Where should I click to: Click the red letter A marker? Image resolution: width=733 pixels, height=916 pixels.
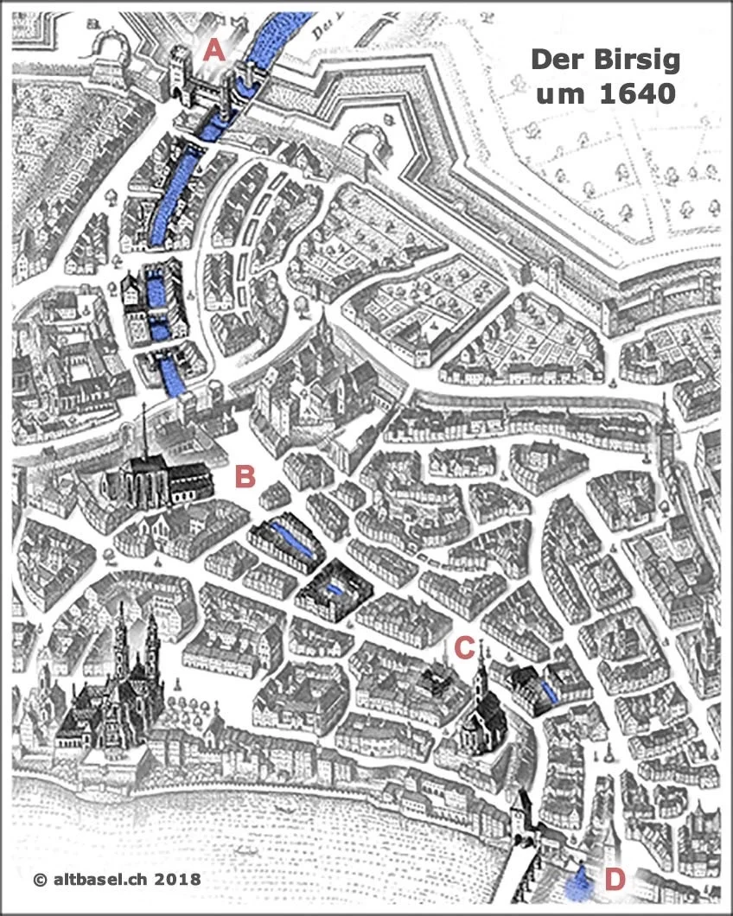(x=214, y=50)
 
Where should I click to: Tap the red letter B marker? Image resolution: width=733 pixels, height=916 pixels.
(x=246, y=474)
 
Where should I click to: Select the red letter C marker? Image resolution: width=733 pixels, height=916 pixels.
(x=463, y=646)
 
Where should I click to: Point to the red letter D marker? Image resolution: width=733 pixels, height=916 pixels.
(x=615, y=880)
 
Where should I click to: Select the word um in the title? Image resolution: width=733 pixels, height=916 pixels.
(x=560, y=94)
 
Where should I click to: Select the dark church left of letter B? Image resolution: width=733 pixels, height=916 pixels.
(x=156, y=475)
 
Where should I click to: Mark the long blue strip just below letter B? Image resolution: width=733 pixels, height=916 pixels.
(x=290, y=538)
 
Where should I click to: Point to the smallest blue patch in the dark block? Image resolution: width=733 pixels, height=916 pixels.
(x=335, y=588)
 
